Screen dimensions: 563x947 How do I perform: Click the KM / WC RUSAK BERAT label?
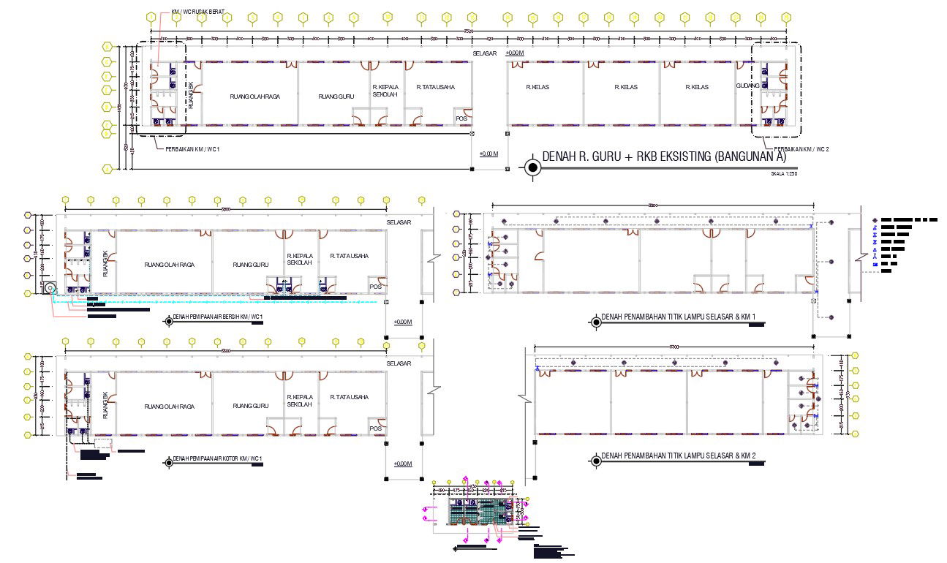[198, 12]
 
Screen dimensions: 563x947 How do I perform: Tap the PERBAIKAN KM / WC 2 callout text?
[802, 149]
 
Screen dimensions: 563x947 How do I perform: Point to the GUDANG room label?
[747, 86]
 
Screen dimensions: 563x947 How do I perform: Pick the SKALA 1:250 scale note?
[782, 174]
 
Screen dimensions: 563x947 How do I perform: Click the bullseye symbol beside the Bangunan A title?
[532, 167]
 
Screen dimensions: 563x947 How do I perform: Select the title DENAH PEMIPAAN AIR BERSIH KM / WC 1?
[217, 317]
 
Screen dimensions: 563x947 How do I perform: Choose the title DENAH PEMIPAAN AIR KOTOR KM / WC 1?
[217, 460]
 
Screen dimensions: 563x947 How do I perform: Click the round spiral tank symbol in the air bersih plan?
[49, 289]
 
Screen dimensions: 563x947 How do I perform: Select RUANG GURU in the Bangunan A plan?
[336, 97]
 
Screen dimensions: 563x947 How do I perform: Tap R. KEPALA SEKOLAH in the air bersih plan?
[300, 259]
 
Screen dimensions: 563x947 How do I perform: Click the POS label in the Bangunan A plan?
[461, 118]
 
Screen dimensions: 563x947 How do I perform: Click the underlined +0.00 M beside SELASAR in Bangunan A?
[515, 53]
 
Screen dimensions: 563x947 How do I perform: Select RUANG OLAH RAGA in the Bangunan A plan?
[255, 97]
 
